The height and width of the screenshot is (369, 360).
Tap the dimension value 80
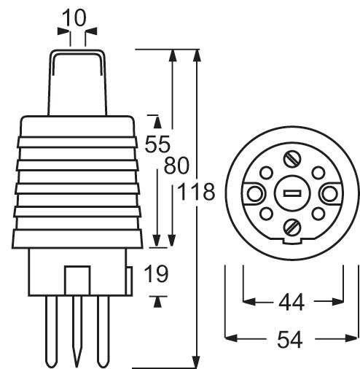pos(178,166)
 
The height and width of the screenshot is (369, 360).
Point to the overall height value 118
pos(196,193)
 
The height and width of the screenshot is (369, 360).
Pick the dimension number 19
pos(154,274)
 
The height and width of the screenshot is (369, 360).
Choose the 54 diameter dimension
pos(292,339)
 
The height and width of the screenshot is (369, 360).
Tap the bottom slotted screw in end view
pos(292,227)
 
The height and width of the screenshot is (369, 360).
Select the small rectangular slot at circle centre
pos(292,193)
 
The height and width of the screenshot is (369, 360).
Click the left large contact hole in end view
pos(255,193)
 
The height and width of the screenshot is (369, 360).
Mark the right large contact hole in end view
pos(329,193)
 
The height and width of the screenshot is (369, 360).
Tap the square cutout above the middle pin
pos(77,280)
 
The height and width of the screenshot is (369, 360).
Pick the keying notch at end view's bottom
pos(292,243)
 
